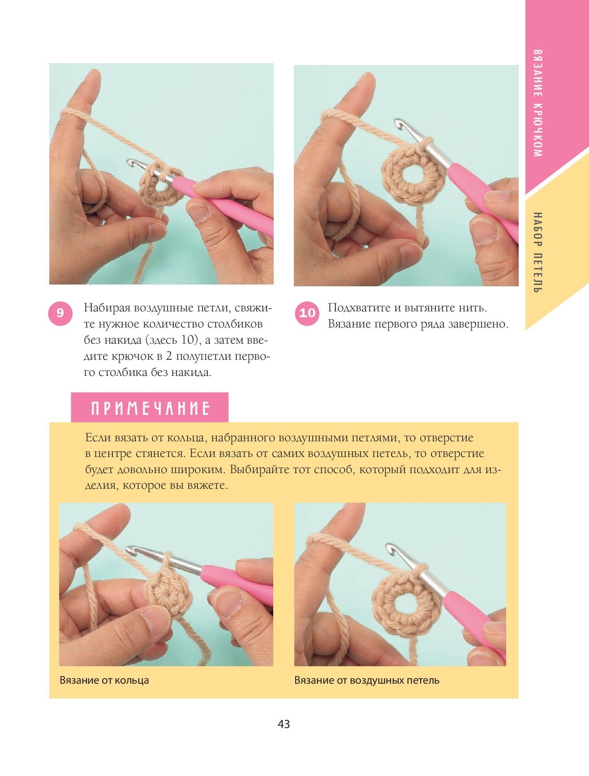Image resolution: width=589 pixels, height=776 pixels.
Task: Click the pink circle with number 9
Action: tap(60, 313)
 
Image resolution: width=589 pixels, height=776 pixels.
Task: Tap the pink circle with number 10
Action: tap(307, 313)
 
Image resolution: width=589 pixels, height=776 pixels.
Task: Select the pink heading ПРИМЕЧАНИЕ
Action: tap(150, 408)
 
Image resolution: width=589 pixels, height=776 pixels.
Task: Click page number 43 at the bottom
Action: tap(284, 724)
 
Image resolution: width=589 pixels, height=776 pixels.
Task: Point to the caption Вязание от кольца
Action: tap(104, 680)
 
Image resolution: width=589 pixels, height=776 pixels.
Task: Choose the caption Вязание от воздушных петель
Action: tap(367, 680)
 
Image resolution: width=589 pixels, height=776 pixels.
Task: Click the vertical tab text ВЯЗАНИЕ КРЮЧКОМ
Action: tap(538, 103)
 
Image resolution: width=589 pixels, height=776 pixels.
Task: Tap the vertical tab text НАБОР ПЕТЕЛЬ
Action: tap(538, 253)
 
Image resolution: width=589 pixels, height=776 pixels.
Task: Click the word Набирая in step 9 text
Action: tap(107, 308)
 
